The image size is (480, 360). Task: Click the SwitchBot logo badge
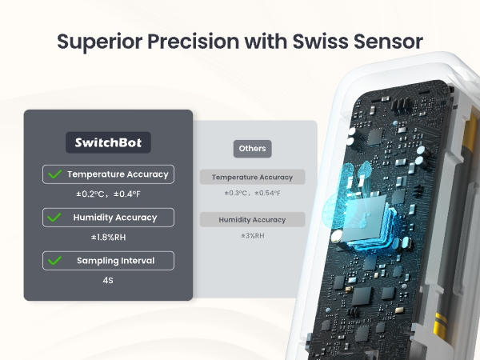pyautogui.click(x=108, y=143)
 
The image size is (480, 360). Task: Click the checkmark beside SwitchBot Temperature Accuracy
pyautogui.click(x=55, y=174)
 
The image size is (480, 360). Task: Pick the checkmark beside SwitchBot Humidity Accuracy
pyautogui.click(x=55, y=217)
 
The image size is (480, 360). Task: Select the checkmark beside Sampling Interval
pyautogui.click(x=55, y=260)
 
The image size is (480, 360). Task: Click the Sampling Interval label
pyautogui.click(x=115, y=260)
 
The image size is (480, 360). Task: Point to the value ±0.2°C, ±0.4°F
pyautogui.click(x=108, y=194)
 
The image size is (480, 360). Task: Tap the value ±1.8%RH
pyautogui.click(x=108, y=238)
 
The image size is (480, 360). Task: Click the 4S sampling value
pyautogui.click(x=108, y=280)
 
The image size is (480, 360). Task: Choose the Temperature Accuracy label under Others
pyautogui.click(x=252, y=177)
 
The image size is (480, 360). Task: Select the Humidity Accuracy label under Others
pyautogui.click(x=252, y=219)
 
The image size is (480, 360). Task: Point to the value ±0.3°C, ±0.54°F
pyautogui.click(x=252, y=194)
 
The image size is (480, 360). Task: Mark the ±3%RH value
pyautogui.click(x=252, y=236)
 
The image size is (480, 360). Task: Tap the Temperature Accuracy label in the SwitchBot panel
pyautogui.click(x=118, y=174)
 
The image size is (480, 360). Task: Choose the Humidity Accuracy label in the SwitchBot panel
pyautogui.click(x=115, y=217)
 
